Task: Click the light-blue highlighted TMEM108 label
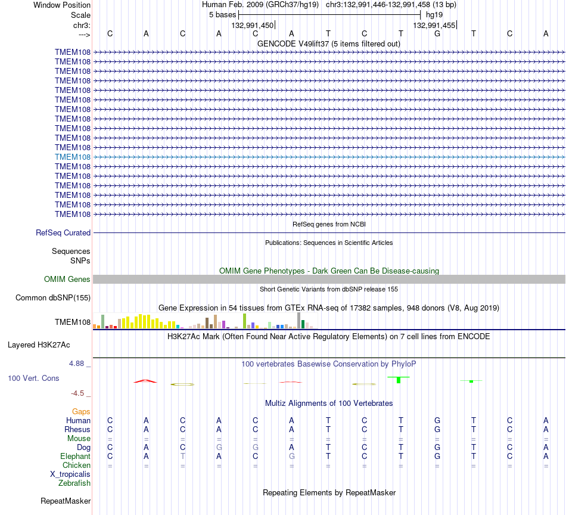tap(73, 157)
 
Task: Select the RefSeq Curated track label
tap(63, 233)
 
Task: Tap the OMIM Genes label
tap(67, 279)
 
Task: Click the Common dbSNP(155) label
tap(53, 298)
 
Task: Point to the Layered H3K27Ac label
tap(39, 345)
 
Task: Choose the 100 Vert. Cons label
tap(33, 378)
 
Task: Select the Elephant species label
tap(75, 457)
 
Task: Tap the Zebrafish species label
tap(74, 483)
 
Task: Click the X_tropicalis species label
tap(70, 474)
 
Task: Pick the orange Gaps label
tap(81, 412)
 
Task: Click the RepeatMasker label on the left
tap(66, 501)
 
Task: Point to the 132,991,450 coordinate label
tap(253, 26)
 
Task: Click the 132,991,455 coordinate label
tap(434, 26)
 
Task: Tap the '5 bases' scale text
tap(222, 15)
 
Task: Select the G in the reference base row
tap(437, 33)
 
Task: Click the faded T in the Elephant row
tap(183, 457)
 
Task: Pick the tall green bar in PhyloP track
tap(399, 380)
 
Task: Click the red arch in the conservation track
tap(145, 380)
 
